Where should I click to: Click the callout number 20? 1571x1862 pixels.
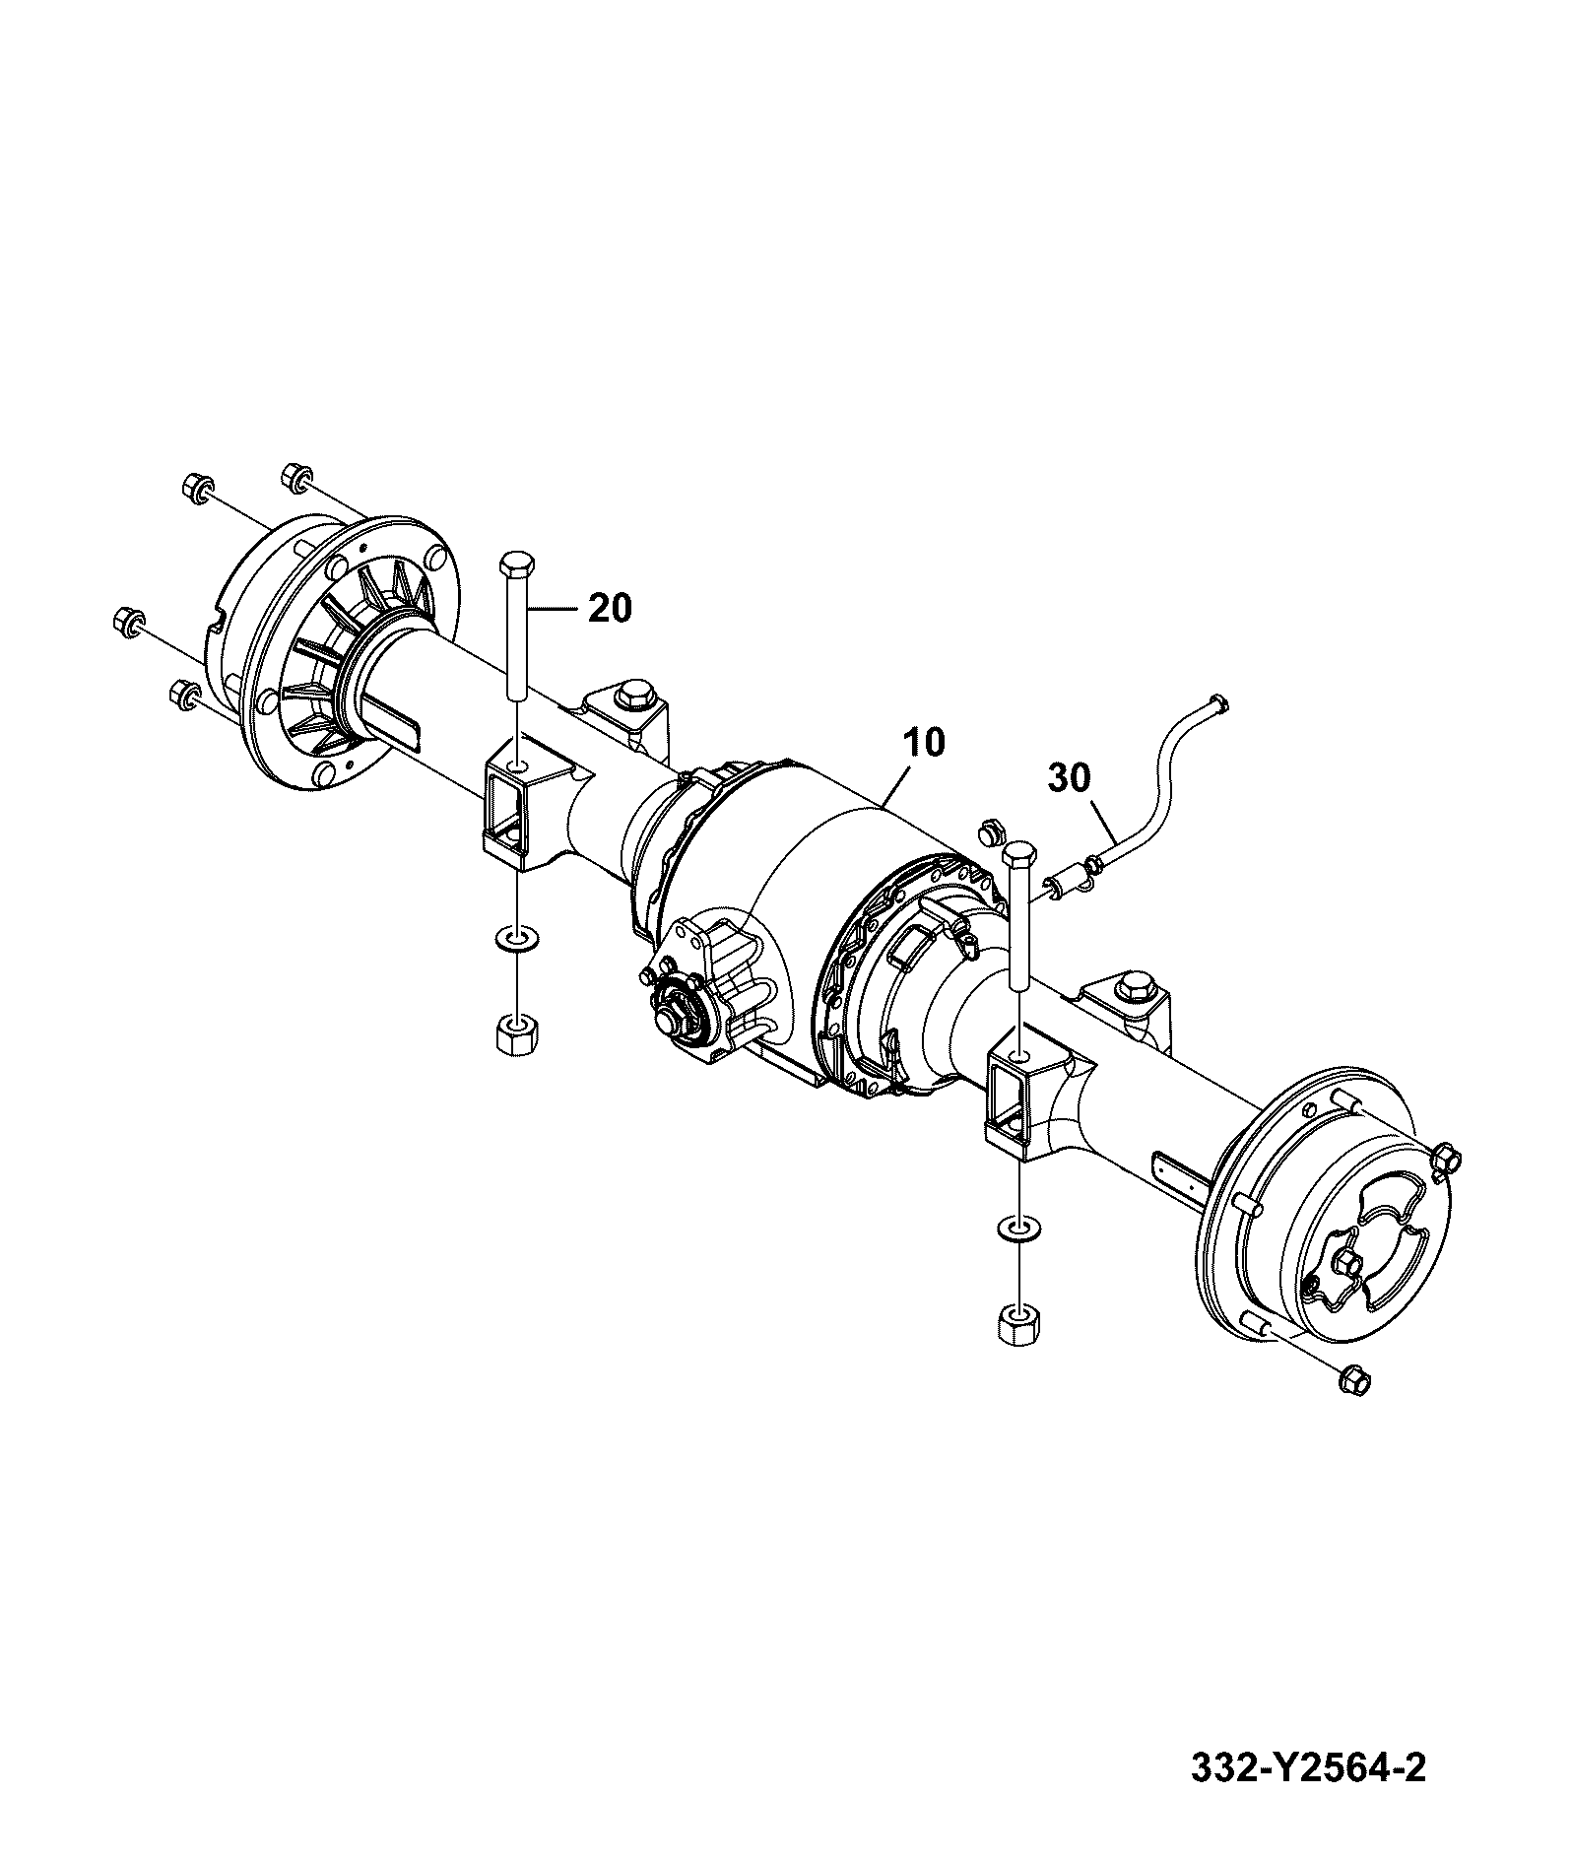(x=610, y=608)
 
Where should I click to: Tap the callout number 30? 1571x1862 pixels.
(x=1070, y=778)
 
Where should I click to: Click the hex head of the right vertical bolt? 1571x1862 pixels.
(x=1019, y=852)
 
